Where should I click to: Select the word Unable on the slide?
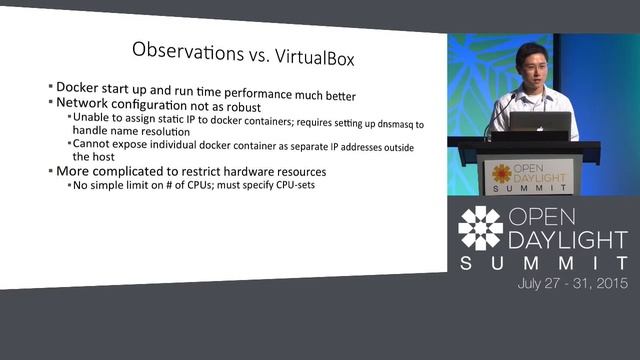point(90,116)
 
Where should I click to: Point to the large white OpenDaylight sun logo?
point(480,228)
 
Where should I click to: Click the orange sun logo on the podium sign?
point(501,173)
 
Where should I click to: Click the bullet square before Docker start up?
point(49,87)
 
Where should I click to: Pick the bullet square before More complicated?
point(49,171)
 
